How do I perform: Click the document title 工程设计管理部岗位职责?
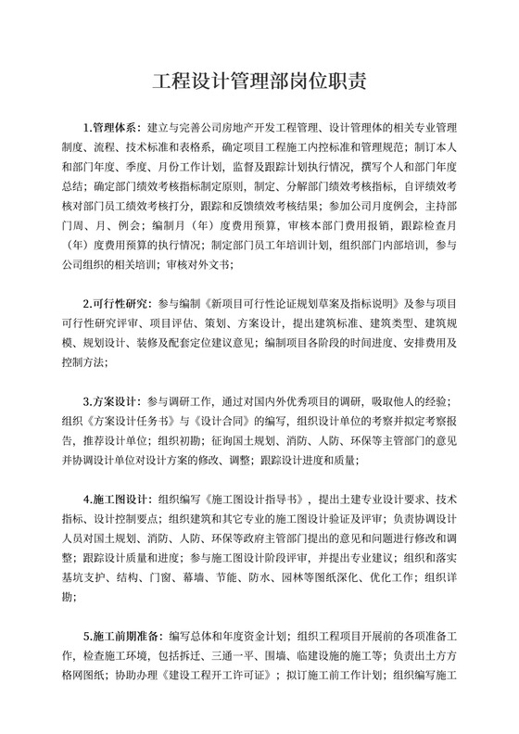point(259,81)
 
